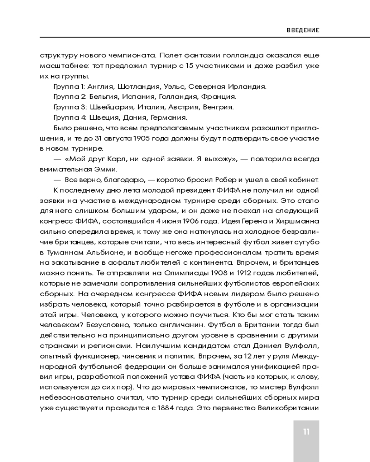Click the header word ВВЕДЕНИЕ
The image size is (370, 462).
303,30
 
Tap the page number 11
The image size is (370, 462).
306,432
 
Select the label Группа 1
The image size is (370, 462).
67,86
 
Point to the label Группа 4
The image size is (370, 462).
68,117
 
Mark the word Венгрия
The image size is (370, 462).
218,107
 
